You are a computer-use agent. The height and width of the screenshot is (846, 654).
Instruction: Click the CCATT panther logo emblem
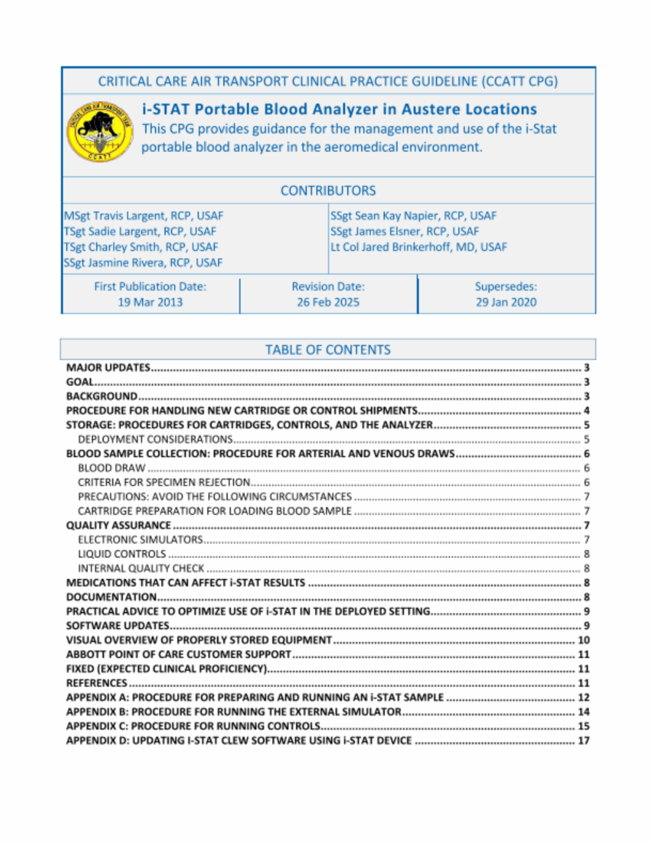pos(100,131)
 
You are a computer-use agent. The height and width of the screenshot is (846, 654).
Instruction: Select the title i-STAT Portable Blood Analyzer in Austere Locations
pos(339,109)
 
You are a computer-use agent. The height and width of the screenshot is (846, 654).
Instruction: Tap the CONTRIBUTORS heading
pos(328,190)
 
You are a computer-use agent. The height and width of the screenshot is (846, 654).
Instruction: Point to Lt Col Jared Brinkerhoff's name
pos(418,247)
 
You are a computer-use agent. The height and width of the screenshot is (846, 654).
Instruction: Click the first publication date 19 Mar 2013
pos(150,302)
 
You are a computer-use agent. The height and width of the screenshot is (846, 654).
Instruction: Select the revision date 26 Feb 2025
pos(328,302)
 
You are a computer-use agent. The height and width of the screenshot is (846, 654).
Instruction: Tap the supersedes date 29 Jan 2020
pos(506,302)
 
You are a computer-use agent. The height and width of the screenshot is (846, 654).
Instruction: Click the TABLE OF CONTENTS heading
pos(328,350)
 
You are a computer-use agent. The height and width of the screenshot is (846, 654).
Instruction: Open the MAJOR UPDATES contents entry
pos(109,368)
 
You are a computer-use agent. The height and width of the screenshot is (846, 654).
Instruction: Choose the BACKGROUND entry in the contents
pos(102,397)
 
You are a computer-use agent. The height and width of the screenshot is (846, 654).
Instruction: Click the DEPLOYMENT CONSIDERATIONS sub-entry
pos(155,439)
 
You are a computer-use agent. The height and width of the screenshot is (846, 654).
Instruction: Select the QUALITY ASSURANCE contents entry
pos(119,525)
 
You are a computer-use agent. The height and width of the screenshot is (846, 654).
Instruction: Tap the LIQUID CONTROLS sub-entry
pos(122,554)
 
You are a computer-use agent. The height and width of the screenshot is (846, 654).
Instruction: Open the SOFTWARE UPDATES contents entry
pos(118,626)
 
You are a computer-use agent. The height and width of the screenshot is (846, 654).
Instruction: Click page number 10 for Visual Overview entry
pos(584,640)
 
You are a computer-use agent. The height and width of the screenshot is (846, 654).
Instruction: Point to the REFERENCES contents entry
pos(96,683)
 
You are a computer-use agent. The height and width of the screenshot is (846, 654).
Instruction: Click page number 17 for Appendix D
pos(584,741)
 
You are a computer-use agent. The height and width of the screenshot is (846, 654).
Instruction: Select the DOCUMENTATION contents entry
pos(111,597)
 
